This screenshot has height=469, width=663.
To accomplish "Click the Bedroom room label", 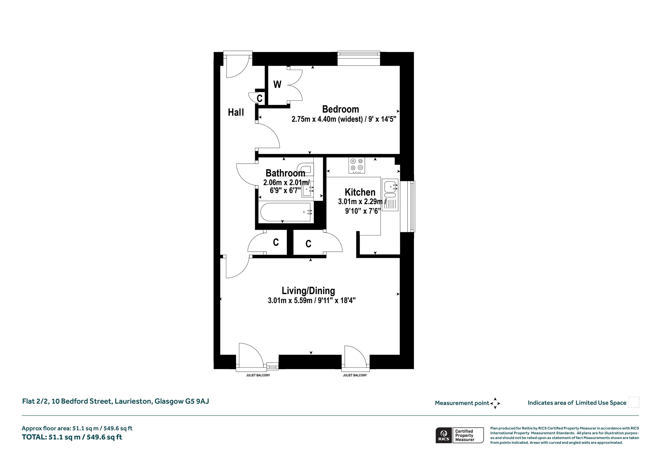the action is pyautogui.click(x=341, y=109).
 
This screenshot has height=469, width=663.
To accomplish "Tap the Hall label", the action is pyautogui.click(x=236, y=112).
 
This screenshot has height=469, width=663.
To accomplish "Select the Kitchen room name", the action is pyautogui.click(x=360, y=192).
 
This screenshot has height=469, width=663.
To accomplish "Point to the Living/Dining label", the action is pyautogui.click(x=308, y=291).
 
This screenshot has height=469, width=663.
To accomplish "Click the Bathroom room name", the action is pyautogui.click(x=285, y=173).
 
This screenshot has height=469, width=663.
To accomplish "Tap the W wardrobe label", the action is pyautogui.click(x=277, y=85).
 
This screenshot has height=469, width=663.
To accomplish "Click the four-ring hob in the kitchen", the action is pyautogui.click(x=357, y=165).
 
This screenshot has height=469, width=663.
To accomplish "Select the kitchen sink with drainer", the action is pyautogui.click(x=390, y=195).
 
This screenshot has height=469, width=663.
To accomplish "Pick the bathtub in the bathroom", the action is pyautogui.click(x=286, y=212).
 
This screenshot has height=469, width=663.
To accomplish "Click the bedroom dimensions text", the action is pyautogui.click(x=344, y=119).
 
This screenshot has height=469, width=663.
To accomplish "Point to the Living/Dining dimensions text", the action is pyautogui.click(x=312, y=301).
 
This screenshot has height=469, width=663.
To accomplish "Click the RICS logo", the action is pyautogui.click(x=444, y=435).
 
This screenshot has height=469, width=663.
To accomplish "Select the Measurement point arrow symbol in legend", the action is pyautogui.click(x=495, y=403).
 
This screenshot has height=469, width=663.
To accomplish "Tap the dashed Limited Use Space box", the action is pyautogui.click(x=634, y=402).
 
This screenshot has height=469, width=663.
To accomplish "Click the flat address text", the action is pyautogui.click(x=116, y=401).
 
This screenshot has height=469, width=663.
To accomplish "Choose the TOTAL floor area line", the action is pyautogui.click(x=72, y=437).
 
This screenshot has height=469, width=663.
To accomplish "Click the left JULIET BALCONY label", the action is pyautogui.click(x=258, y=375).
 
